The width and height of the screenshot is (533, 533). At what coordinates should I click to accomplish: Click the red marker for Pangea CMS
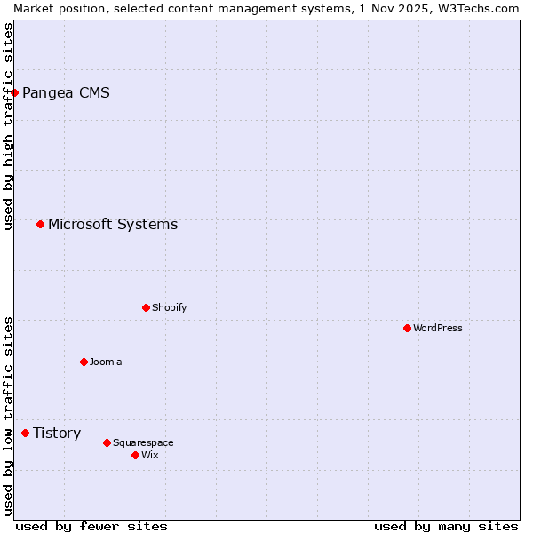(14, 92)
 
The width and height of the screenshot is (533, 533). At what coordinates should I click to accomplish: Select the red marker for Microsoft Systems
(40, 224)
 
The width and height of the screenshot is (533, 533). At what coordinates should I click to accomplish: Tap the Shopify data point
(146, 307)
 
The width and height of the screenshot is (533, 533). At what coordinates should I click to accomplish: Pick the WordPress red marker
(407, 328)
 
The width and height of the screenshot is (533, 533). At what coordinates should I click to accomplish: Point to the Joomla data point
(84, 362)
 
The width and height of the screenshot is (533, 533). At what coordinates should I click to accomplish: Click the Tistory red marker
(25, 433)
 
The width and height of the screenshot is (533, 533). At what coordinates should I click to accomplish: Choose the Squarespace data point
(107, 442)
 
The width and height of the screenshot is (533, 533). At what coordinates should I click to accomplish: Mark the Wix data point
(135, 455)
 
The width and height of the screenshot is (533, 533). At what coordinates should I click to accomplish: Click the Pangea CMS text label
(66, 92)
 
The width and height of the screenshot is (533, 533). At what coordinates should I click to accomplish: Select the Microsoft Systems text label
(113, 224)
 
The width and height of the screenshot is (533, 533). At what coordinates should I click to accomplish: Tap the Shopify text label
(169, 307)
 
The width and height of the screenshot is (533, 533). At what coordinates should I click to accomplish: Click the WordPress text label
(438, 328)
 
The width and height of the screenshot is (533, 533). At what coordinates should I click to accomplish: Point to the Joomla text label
(106, 362)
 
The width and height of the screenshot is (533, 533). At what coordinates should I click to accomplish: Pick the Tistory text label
(57, 433)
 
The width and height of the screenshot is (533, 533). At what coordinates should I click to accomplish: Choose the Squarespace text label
(143, 442)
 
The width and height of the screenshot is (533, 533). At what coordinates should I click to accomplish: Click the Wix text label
(149, 455)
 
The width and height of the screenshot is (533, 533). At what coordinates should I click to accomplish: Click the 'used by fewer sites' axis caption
(91, 526)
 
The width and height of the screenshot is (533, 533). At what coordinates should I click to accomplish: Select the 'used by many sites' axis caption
(446, 526)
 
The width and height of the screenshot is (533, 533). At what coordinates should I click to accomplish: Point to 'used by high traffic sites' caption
(8, 126)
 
